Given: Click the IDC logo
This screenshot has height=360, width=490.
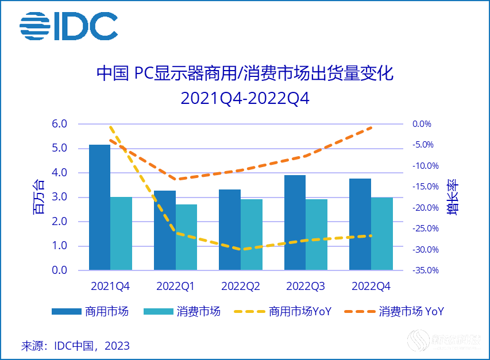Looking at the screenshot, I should point(68,26).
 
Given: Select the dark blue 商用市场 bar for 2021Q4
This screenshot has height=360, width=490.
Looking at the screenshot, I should point(99,207).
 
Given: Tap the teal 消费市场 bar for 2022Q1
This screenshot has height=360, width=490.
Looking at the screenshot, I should point(187,237).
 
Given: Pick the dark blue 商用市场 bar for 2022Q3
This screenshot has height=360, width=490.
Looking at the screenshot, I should point(295,223).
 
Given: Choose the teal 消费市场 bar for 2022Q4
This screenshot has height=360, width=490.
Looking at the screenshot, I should point(382,234).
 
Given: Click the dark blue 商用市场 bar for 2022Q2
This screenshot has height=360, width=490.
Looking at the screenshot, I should point(230,230).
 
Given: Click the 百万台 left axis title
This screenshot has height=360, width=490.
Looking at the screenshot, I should point(38,197).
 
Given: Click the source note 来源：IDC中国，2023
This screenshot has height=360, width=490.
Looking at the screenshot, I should point(75,346).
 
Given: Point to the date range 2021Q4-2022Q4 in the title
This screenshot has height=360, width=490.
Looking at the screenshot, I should point(245,98).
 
